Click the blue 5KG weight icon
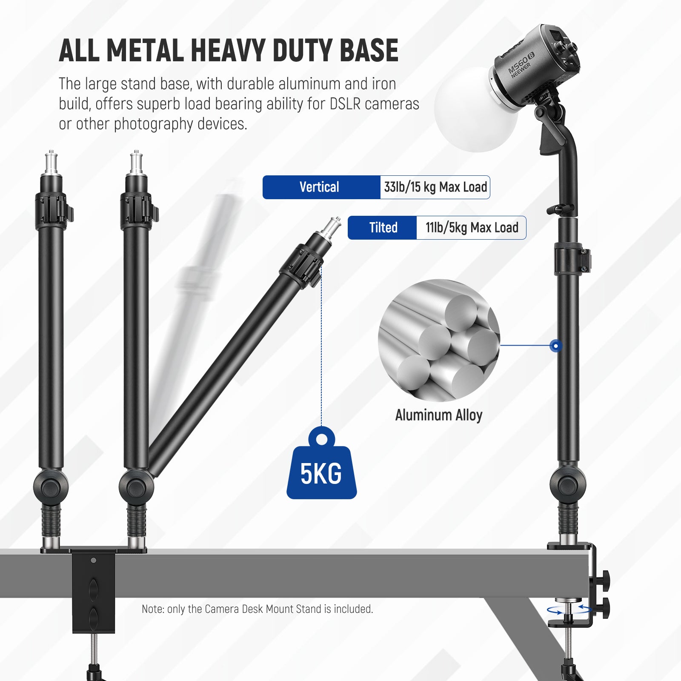click(x=321, y=468)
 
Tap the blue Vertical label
click(x=320, y=187)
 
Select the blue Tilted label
click(x=383, y=228)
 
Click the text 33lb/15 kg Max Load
click(x=435, y=187)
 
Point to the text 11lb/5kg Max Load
click(x=472, y=228)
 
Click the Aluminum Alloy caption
click(x=438, y=415)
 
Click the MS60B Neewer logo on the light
click(x=521, y=65)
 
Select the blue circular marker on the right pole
click(x=555, y=346)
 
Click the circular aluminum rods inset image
click(x=438, y=340)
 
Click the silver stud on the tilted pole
click(x=332, y=228)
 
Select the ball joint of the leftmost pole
click(x=51, y=487)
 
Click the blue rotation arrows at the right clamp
click(x=569, y=610)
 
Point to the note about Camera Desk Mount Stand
click(x=257, y=609)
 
